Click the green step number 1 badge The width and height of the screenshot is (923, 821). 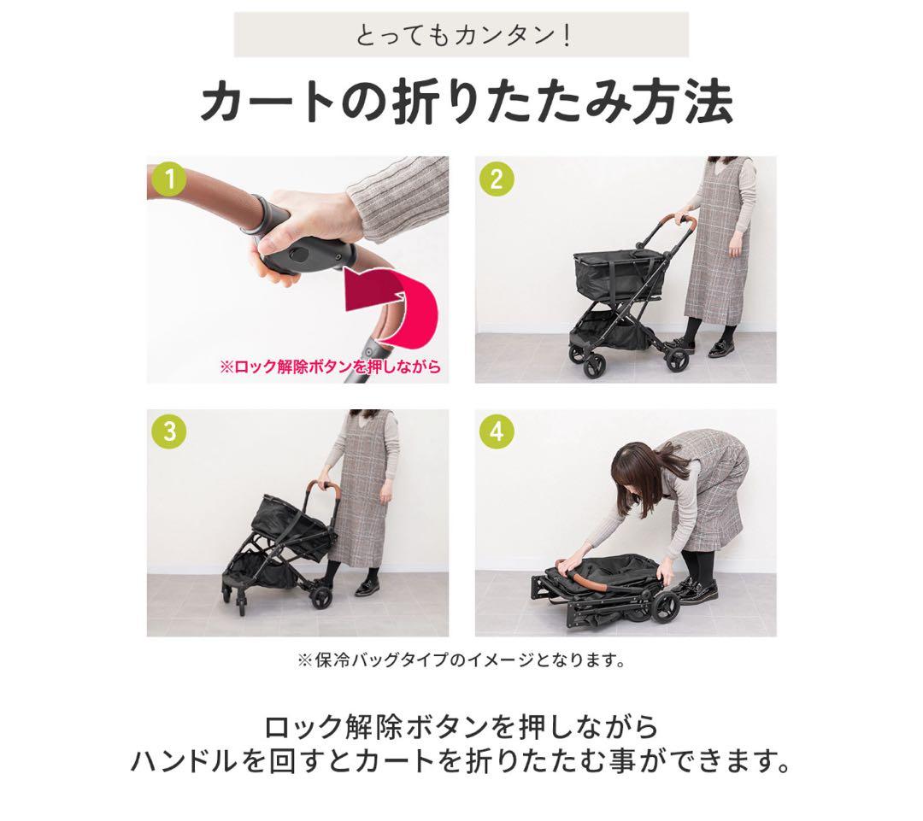click(x=170, y=180)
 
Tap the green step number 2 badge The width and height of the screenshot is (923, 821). click(x=497, y=180)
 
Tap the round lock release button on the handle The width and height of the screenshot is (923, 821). click(x=300, y=254)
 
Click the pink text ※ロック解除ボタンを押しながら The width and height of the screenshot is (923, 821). click(x=330, y=367)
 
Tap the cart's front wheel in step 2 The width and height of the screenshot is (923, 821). click(x=592, y=364)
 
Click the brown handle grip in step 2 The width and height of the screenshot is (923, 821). click(x=690, y=226)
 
